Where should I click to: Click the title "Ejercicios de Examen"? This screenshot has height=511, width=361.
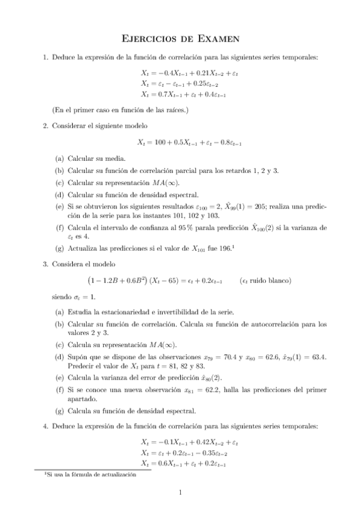point(181,39)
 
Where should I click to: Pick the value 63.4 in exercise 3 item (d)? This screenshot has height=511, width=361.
point(316,357)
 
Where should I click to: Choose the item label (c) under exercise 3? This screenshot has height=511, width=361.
point(59,345)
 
